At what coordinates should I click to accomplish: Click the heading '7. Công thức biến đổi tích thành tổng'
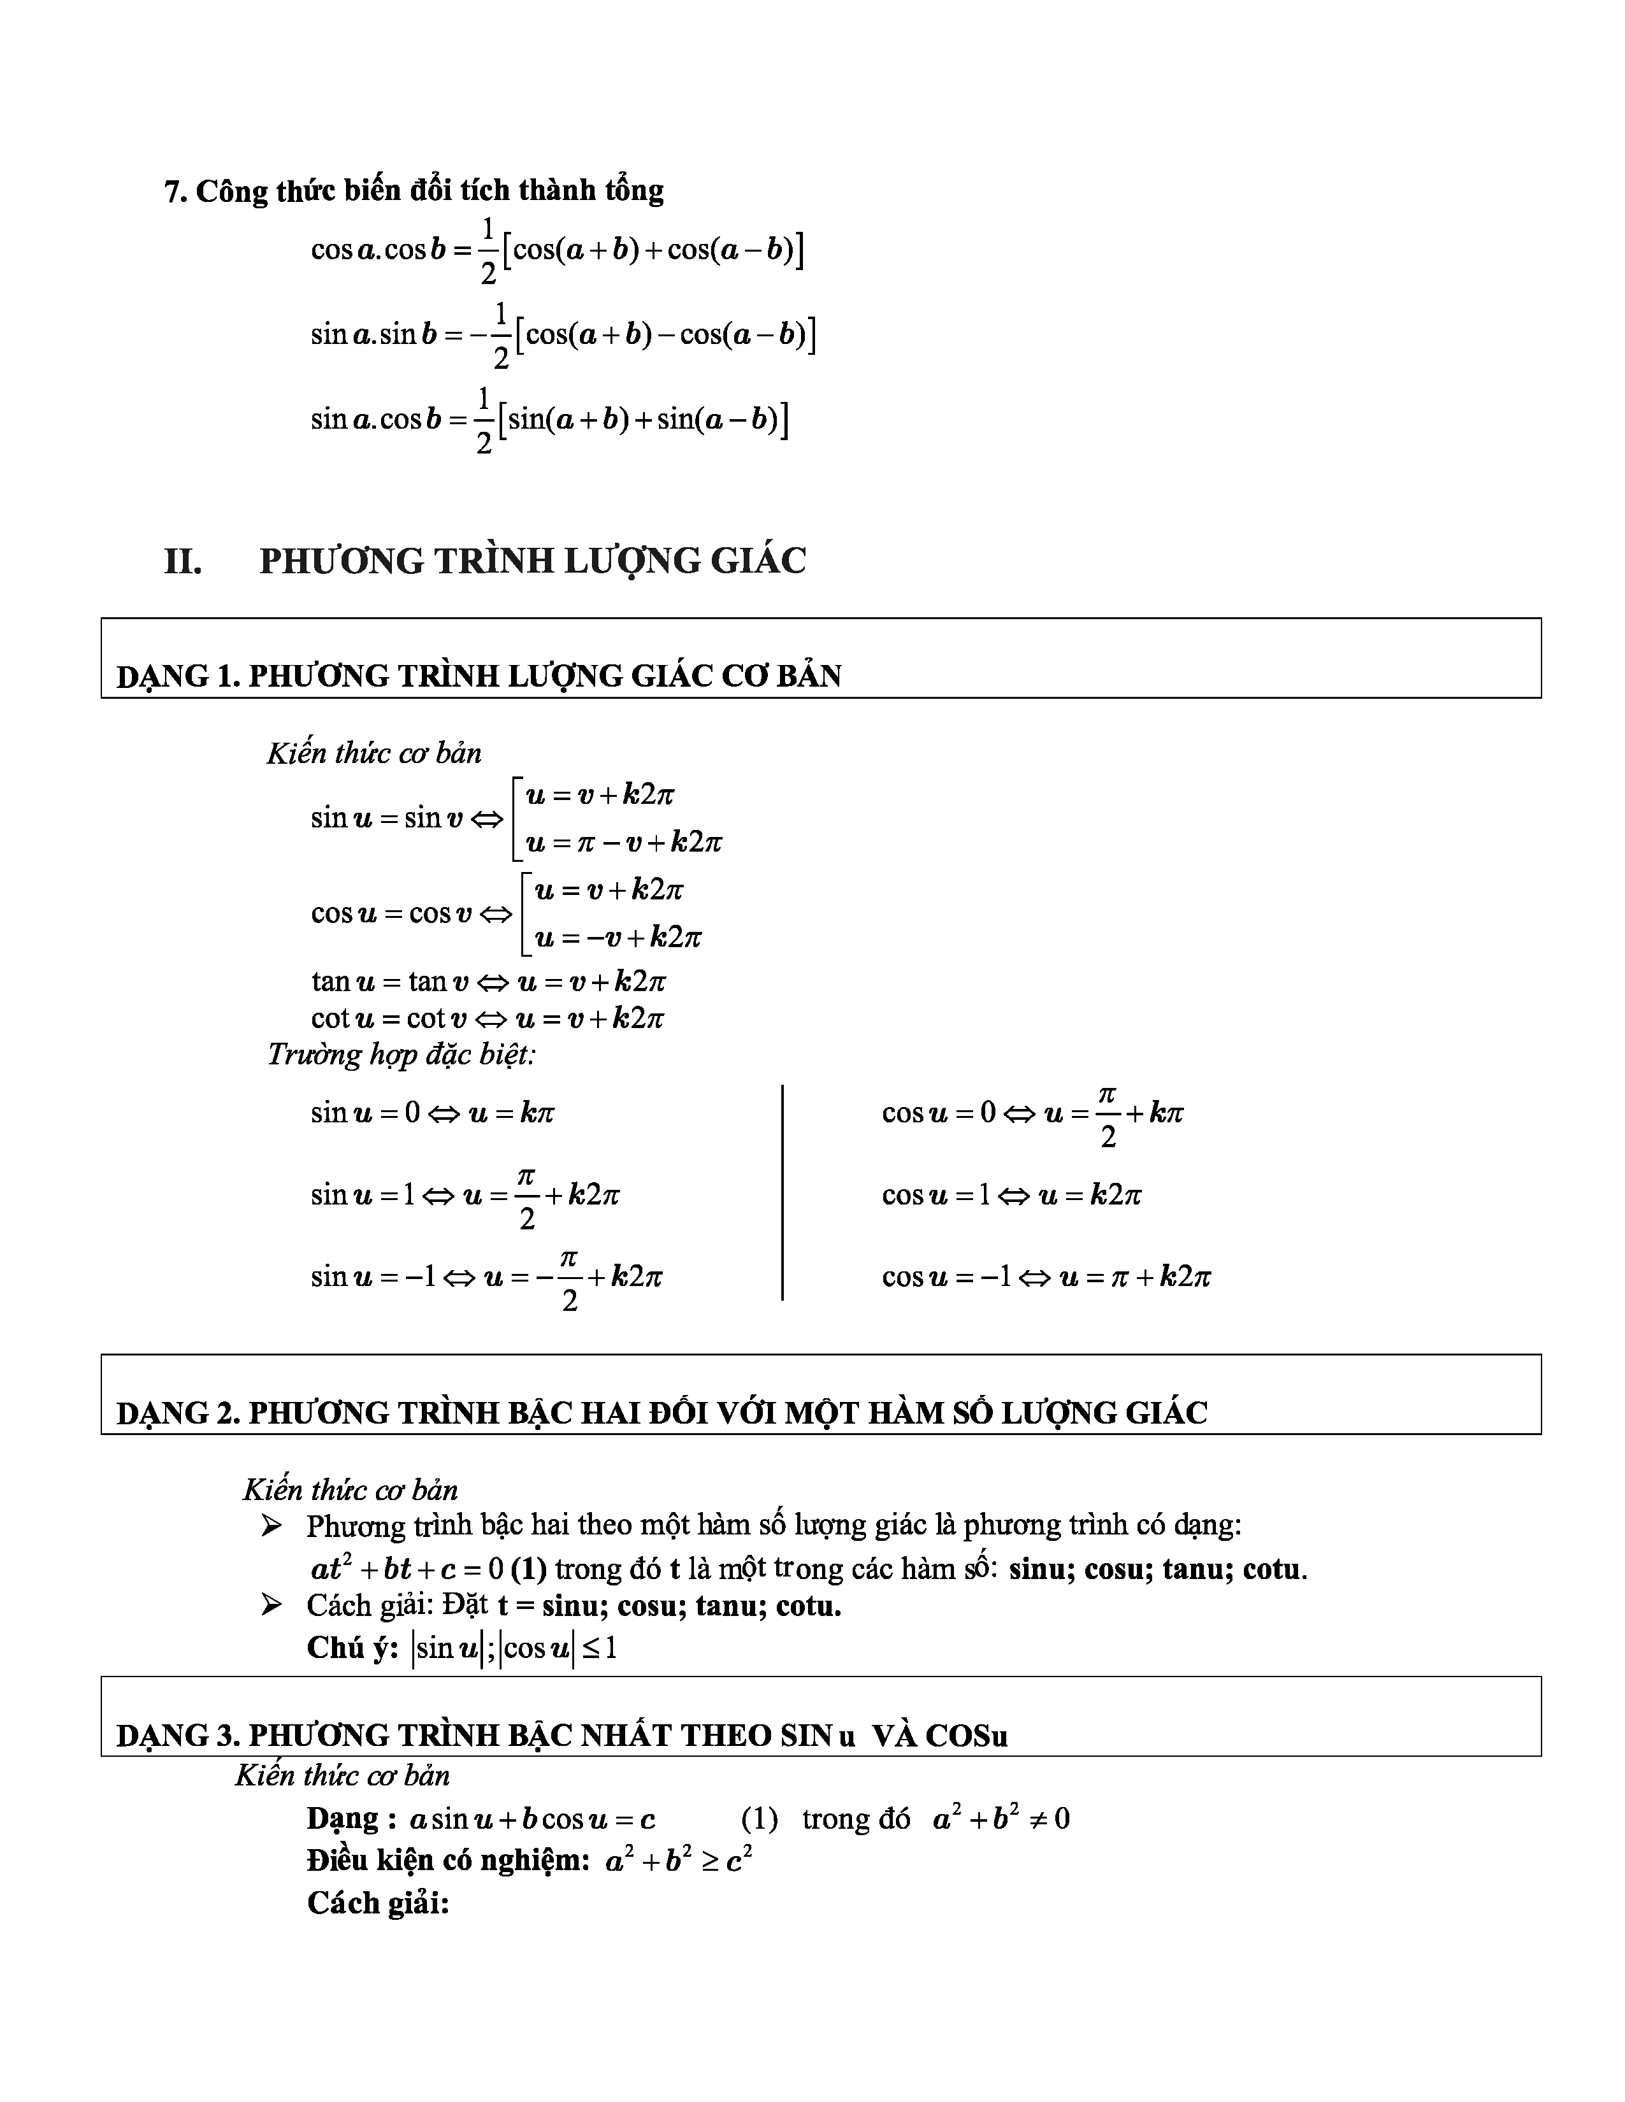tap(414, 190)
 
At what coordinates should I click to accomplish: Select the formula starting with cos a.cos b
tap(556, 250)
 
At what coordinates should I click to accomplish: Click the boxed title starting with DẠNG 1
tap(479, 676)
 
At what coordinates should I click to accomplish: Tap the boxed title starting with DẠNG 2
tap(661, 1412)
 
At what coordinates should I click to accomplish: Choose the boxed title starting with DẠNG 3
tap(561, 1734)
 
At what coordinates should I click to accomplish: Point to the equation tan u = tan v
tap(488, 982)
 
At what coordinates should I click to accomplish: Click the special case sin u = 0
tap(432, 1113)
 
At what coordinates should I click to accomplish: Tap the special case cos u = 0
tap(1032, 1113)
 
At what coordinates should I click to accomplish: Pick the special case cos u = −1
tap(1046, 1276)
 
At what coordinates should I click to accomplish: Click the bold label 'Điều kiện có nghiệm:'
tap(447, 1861)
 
